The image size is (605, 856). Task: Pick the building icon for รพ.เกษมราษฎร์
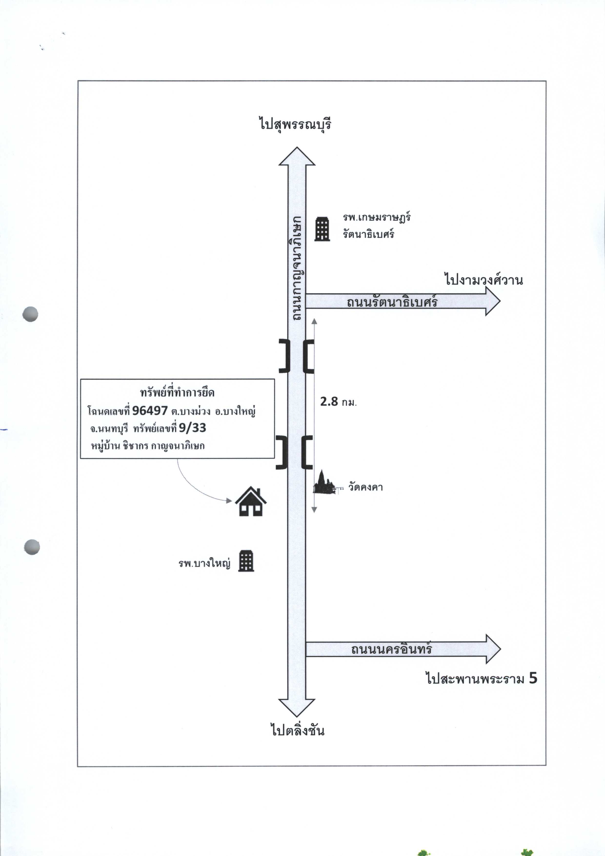coord(322,229)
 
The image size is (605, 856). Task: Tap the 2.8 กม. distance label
coord(338,402)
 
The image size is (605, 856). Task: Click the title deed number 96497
coord(150,410)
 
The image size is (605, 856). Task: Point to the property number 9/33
coord(192,428)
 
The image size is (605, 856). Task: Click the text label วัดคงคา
coord(366,487)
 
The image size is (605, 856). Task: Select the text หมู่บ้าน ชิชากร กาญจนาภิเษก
coord(148,446)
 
